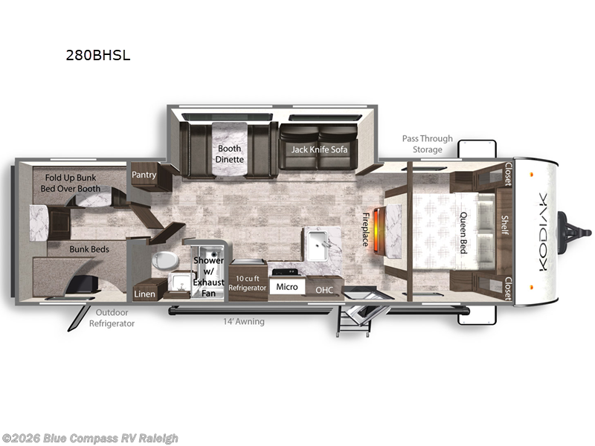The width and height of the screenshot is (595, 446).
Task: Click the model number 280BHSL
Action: (98, 55)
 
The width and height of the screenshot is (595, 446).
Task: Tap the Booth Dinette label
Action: (230, 154)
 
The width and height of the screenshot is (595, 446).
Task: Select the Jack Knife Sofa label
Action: (319, 149)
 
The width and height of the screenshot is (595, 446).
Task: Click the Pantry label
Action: (144, 175)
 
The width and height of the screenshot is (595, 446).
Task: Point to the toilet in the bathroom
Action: (165, 261)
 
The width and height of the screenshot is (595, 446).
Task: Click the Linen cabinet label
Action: (144, 294)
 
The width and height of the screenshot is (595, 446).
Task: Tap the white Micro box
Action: (287, 287)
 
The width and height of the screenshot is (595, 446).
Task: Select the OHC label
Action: (324, 290)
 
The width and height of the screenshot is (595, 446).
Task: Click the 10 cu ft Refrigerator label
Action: (248, 283)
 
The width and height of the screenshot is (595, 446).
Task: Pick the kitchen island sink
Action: (317, 245)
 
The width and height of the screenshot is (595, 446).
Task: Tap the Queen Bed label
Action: (463, 233)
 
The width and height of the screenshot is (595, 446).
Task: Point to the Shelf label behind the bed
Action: (505, 225)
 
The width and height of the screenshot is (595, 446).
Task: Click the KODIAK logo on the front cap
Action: (543, 232)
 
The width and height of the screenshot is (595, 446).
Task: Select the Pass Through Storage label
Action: (427, 144)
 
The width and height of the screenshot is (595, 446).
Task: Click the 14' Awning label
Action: (244, 322)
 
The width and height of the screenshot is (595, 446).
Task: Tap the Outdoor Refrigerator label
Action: (112, 318)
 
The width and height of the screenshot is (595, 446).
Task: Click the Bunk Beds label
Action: (89, 249)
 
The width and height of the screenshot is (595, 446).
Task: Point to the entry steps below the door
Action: (353, 322)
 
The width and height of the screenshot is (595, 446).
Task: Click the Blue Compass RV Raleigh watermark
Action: (89, 439)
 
